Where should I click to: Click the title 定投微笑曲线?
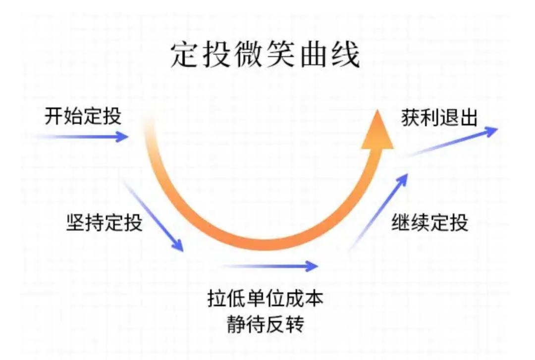[x=265, y=54]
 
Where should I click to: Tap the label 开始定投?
[x=83, y=116]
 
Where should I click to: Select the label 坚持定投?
[x=104, y=223]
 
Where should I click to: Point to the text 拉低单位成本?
[x=265, y=298]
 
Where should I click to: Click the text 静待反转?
[x=265, y=323]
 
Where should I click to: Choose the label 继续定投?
[x=429, y=223]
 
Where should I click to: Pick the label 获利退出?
[x=439, y=118]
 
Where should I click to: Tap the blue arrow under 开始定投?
[x=82, y=137]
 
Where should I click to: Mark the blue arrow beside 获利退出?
[x=450, y=142]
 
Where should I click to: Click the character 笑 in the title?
[x=281, y=54]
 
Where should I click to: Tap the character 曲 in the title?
[x=314, y=54]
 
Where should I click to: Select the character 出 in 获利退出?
[x=468, y=118]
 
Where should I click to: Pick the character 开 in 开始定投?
[x=54, y=116]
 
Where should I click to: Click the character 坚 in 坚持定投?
[x=75, y=223]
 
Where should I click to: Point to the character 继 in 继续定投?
[x=401, y=223]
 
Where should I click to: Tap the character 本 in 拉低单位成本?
[x=314, y=298]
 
